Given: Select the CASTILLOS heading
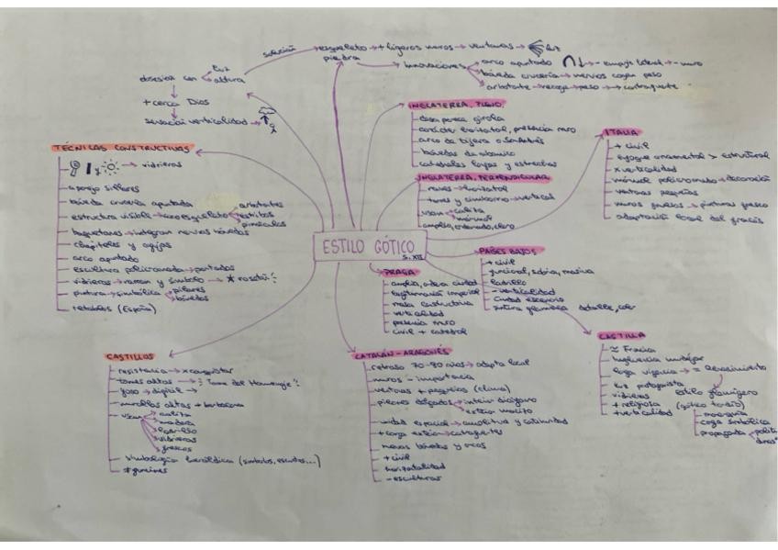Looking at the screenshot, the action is pos(130,356).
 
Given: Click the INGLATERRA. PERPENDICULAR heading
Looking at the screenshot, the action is pos(471,174).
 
